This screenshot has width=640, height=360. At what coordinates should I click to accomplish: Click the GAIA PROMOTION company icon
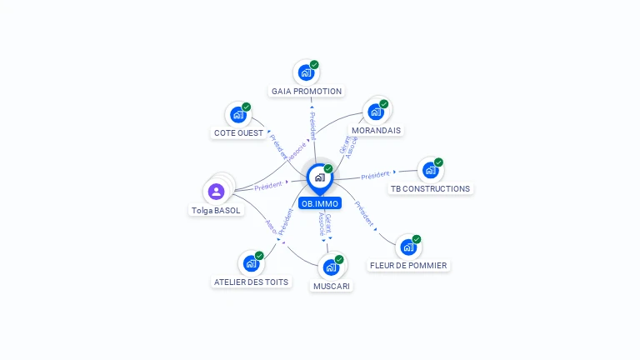(306, 72)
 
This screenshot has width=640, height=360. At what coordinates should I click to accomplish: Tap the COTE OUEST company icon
(238, 115)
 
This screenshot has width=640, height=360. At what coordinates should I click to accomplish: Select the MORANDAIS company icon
(376, 112)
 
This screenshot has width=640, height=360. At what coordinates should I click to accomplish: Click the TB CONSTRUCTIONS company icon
(430, 170)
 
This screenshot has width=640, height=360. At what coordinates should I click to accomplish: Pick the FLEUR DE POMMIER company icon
(407, 247)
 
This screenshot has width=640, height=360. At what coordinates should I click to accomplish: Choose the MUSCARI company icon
(331, 267)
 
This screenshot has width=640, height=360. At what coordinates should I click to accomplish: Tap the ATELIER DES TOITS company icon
(251, 263)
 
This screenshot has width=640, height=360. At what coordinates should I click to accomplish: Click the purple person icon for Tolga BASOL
(217, 192)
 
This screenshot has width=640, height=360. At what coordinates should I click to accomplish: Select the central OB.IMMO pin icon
(319, 177)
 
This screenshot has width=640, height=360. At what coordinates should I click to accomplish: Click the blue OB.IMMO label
(320, 203)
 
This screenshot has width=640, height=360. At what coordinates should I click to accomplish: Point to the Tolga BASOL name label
(216, 211)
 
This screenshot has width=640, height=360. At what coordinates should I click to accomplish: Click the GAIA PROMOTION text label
(307, 92)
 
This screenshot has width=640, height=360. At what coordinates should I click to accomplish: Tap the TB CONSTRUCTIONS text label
(430, 189)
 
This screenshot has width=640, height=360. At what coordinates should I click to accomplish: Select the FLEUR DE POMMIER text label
(408, 266)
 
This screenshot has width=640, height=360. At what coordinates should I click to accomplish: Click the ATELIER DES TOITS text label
(251, 282)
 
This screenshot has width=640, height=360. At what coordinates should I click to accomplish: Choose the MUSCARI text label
(332, 287)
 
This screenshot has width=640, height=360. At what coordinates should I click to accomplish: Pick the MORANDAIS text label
(376, 131)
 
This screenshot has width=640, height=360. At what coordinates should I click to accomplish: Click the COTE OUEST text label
(238, 133)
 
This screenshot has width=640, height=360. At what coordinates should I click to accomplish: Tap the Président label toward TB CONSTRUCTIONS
(376, 175)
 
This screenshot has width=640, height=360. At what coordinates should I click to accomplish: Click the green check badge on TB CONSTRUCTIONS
(438, 162)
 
